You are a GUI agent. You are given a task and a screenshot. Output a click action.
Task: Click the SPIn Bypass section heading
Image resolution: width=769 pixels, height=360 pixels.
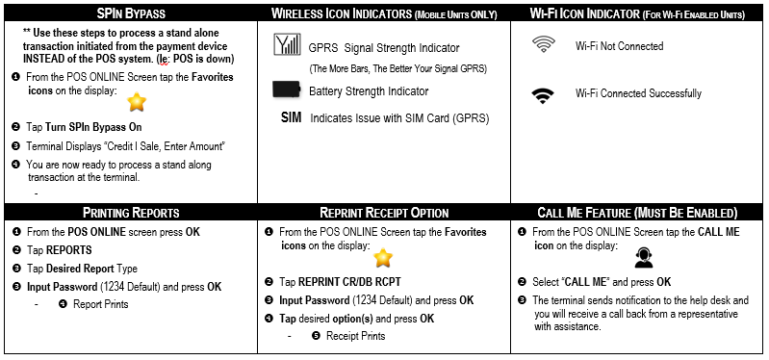tap(132, 13)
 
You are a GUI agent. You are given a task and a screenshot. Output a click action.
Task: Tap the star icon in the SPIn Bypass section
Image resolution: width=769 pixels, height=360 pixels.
tap(137, 102)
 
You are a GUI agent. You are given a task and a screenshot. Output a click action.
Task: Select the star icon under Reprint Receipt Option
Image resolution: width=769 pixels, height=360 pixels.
tap(383, 258)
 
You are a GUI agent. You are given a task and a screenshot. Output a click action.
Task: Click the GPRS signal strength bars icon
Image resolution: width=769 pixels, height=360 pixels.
tap(287, 44)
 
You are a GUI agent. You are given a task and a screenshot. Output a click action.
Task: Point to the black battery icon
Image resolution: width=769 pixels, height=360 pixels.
tap(287, 90)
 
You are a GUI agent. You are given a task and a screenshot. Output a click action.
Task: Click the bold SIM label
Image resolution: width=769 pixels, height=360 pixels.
tap(292, 118)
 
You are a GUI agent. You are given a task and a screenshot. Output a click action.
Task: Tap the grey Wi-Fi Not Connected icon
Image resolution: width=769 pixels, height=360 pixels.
tap(543, 45)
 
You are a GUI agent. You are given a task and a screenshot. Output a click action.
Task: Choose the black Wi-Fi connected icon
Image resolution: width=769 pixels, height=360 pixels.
tap(543, 95)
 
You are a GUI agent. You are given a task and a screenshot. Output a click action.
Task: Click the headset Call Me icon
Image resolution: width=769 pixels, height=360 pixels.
tap(644, 258)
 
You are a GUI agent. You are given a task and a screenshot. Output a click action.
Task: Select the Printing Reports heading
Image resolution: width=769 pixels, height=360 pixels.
tap(131, 213)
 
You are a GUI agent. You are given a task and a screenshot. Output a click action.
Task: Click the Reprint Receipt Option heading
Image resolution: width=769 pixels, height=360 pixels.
tap(384, 213)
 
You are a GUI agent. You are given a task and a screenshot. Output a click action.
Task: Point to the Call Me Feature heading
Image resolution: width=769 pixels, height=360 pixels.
tap(637, 213)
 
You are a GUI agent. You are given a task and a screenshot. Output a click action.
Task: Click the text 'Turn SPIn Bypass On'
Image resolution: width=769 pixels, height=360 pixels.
tap(93, 127)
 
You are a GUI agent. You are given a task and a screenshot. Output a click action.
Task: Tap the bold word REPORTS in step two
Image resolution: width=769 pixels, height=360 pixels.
tap(69, 250)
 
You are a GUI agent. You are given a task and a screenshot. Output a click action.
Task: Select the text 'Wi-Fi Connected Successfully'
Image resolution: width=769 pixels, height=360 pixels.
tap(638, 93)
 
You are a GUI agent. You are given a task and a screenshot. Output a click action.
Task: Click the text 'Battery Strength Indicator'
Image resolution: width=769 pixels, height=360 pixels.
tap(369, 91)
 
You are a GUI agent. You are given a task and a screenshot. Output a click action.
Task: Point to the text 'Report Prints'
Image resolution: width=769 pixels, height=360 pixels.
tap(100, 304)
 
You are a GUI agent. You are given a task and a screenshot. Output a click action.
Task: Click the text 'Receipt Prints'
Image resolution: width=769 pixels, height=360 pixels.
tap(355, 336)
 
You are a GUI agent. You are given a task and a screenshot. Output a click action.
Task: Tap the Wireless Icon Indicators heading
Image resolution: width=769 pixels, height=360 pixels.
tap(384, 13)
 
